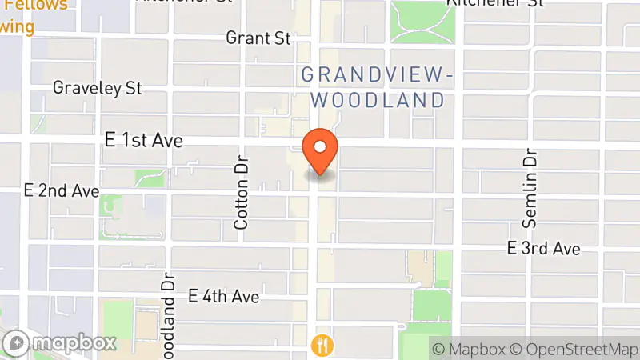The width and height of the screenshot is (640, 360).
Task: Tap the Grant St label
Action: click(x=258, y=38)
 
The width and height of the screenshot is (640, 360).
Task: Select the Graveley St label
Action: click(x=98, y=87)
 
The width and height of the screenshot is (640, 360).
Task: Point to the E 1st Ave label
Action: click(x=144, y=141)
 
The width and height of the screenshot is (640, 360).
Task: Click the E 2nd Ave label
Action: click(x=62, y=191)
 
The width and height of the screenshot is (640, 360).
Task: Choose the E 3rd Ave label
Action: click(x=543, y=248)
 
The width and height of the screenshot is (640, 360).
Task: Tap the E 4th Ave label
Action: click(x=223, y=297)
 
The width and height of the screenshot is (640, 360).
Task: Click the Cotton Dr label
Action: click(x=242, y=192)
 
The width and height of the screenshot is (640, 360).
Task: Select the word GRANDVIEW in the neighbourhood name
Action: click(x=373, y=75)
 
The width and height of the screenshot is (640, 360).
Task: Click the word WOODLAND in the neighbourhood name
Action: click(x=378, y=100)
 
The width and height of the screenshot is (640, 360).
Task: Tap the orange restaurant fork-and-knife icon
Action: click(x=322, y=345)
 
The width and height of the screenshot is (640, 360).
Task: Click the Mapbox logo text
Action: click(x=75, y=344)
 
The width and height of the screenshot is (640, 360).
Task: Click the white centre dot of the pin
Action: click(x=320, y=146)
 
